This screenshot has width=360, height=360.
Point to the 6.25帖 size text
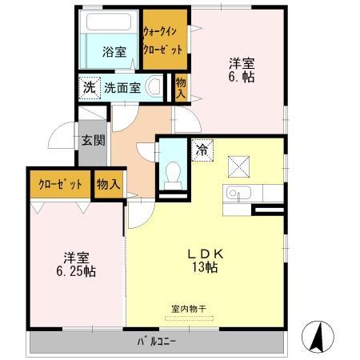[76, 272]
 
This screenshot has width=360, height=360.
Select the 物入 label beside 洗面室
[182, 86]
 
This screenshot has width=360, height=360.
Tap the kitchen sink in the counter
[233, 194]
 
